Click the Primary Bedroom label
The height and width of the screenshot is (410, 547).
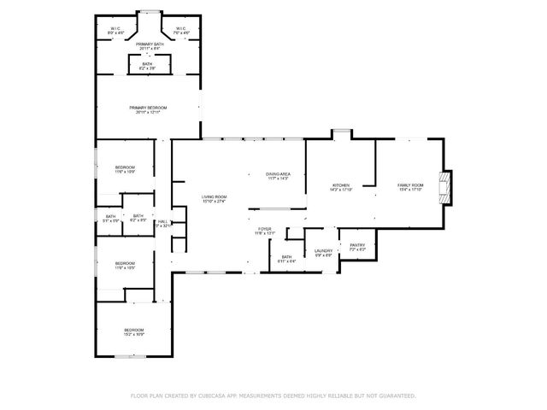coord(148,109)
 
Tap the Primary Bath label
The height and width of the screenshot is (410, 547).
coord(148,45)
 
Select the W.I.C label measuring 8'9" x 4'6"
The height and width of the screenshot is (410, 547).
coord(115,31)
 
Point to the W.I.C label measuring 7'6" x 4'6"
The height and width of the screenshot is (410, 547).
coord(181,31)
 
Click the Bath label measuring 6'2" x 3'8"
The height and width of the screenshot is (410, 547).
coord(148,65)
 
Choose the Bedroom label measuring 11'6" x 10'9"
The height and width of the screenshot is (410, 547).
coord(125,169)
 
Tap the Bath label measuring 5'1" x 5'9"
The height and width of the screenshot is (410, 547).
coord(110,219)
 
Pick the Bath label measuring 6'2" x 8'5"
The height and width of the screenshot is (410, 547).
coord(138,219)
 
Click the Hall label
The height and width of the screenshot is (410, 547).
coord(163,223)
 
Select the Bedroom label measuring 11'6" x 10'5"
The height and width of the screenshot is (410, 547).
coord(125,266)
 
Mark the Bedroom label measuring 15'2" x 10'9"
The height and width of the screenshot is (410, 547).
coord(134,332)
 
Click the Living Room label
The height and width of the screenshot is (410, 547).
coord(213,200)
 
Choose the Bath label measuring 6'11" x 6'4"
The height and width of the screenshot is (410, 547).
coord(286,258)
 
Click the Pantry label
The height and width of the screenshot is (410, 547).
coord(357,248)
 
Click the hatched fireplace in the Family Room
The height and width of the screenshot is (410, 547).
coord(444,187)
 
